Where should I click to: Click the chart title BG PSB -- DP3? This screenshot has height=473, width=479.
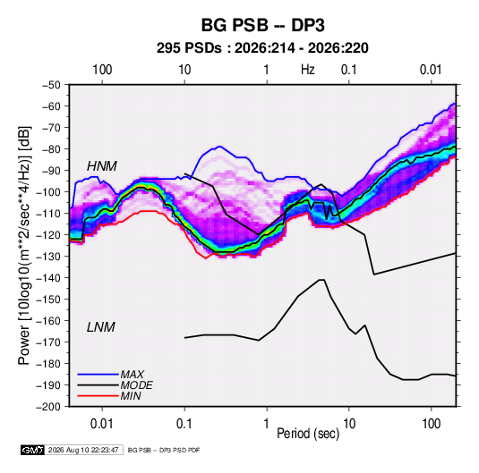point(262,25)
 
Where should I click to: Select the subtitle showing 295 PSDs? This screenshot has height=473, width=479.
point(262,48)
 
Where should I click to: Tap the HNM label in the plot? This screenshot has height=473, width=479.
point(102,166)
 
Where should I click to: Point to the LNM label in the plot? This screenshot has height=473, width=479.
point(101,327)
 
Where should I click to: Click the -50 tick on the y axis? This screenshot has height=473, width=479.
point(51,85)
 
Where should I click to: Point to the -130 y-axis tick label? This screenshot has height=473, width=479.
point(48,257)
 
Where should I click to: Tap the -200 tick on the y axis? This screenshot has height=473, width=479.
point(48,407)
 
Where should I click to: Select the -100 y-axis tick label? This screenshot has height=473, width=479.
point(48,192)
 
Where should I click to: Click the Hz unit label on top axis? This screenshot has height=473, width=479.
point(308,70)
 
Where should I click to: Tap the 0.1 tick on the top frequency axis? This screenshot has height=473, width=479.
point(349,70)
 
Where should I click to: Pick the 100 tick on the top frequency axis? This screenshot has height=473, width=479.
point(102,70)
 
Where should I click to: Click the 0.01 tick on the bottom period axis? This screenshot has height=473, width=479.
point(102,424)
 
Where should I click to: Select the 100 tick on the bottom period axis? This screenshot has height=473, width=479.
point(431,424)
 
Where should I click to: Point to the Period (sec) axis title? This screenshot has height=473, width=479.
point(308,434)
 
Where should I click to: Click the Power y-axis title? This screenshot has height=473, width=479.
point(24,246)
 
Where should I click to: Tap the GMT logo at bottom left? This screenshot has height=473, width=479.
point(33,450)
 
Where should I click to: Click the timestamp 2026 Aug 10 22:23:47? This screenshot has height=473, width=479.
point(83,450)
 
